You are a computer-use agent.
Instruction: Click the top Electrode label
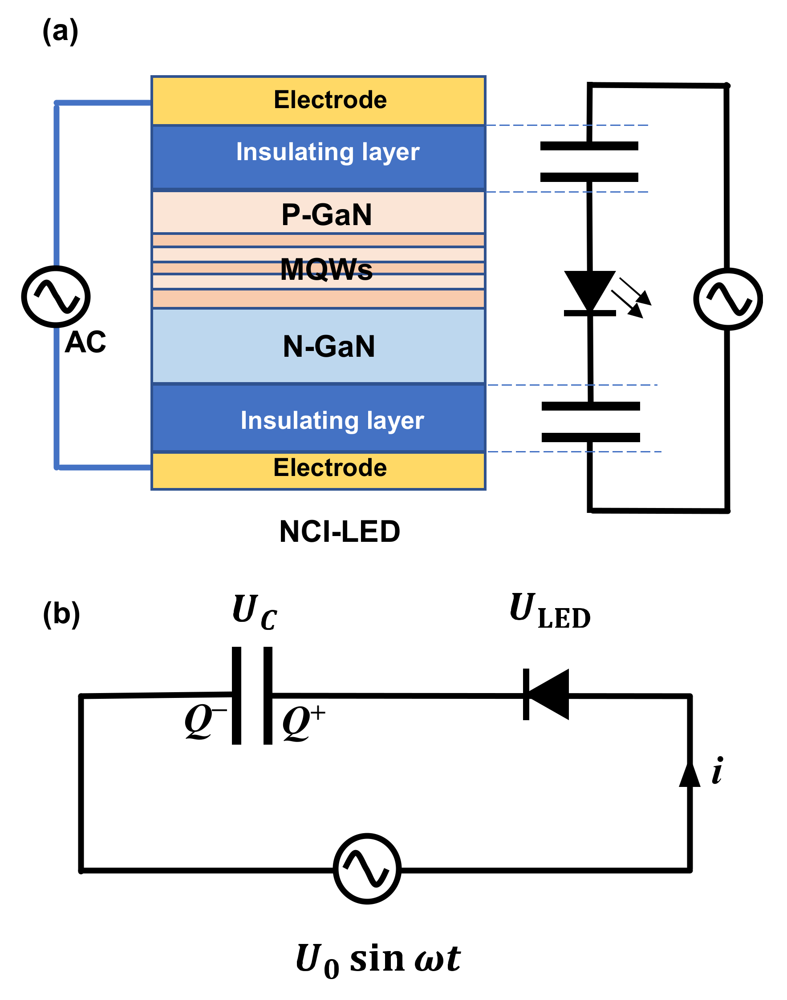coord(330,100)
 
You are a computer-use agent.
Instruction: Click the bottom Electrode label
coord(330,468)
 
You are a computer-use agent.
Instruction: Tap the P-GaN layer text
coord(326,214)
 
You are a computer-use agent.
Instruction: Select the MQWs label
coord(326,269)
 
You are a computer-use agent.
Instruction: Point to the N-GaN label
coord(329,346)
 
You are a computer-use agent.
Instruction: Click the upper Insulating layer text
coord(328,152)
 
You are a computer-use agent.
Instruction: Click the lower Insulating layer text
coord(332,420)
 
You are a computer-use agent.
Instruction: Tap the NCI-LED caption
coord(340,532)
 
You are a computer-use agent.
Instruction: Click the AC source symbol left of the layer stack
coord(56,297)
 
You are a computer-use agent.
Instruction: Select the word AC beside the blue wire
coord(85,342)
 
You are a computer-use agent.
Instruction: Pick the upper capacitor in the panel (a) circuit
coord(589,161)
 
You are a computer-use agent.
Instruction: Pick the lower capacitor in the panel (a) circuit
coord(591,422)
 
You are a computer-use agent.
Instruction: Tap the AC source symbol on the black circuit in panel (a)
coord(728,299)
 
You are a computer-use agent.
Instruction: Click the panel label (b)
coord(61,614)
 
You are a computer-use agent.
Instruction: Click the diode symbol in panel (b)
coord(547,695)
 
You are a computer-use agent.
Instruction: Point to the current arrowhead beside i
coord(690,775)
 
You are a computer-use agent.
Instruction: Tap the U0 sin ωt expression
coord(378,960)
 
